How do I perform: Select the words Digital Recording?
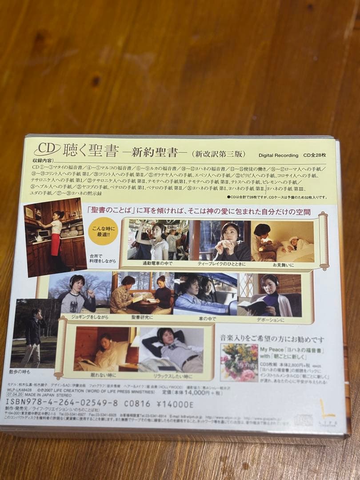coord(278,155)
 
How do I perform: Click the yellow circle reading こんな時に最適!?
coord(103,231)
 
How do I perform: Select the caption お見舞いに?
coord(287,265)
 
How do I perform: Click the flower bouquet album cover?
coord(239,362)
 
